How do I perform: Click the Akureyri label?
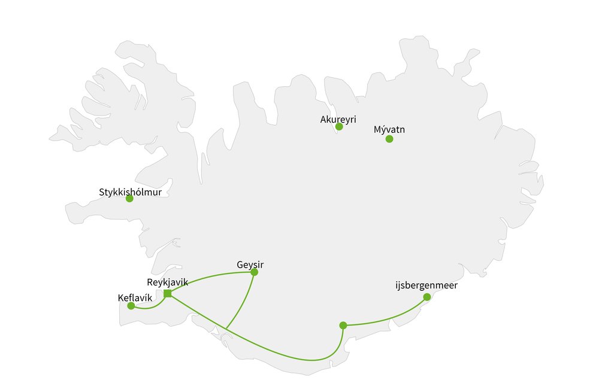pyautogui.click(x=338, y=119)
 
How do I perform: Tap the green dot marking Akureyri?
pyautogui.click(x=339, y=127)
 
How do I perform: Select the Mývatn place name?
pyautogui.click(x=389, y=129)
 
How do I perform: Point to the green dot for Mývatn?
pyautogui.click(x=389, y=139)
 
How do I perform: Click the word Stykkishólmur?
pyautogui.click(x=130, y=193)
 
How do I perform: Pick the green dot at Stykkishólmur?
pyautogui.click(x=129, y=199)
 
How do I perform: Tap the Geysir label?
pyautogui.click(x=250, y=264)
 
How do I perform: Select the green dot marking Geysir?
pyautogui.click(x=254, y=272)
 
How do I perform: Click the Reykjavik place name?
pyautogui.click(x=167, y=282)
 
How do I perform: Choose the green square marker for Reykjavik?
pyautogui.click(x=168, y=293)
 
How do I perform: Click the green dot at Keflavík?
pyautogui.click(x=131, y=306)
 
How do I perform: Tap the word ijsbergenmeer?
pyautogui.click(x=426, y=285)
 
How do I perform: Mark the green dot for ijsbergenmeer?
pyautogui.click(x=426, y=297)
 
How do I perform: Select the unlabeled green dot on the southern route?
pyautogui.click(x=343, y=326)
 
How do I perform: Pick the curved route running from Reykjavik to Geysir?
pyautogui.click(x=210, y=276)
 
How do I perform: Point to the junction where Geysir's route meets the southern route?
pyautogui.click(x=226, y=329)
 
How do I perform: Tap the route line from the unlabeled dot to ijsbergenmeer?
pyautogui.click(x=389, y=320)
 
